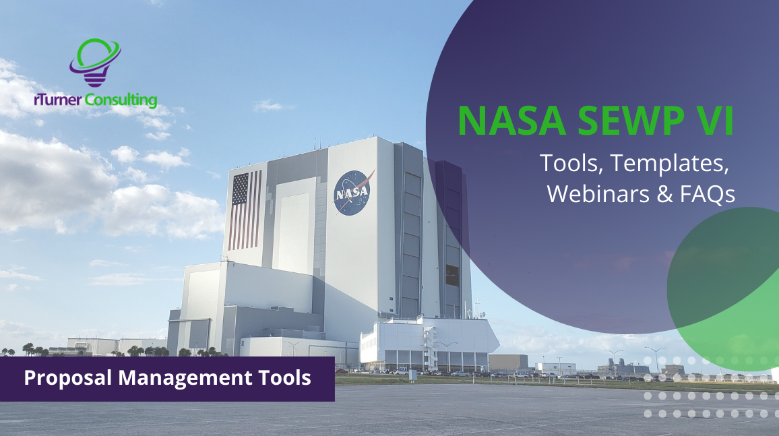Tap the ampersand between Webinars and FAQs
point(658,193)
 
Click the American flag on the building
point(244,210)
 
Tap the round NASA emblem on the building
point(352,192)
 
